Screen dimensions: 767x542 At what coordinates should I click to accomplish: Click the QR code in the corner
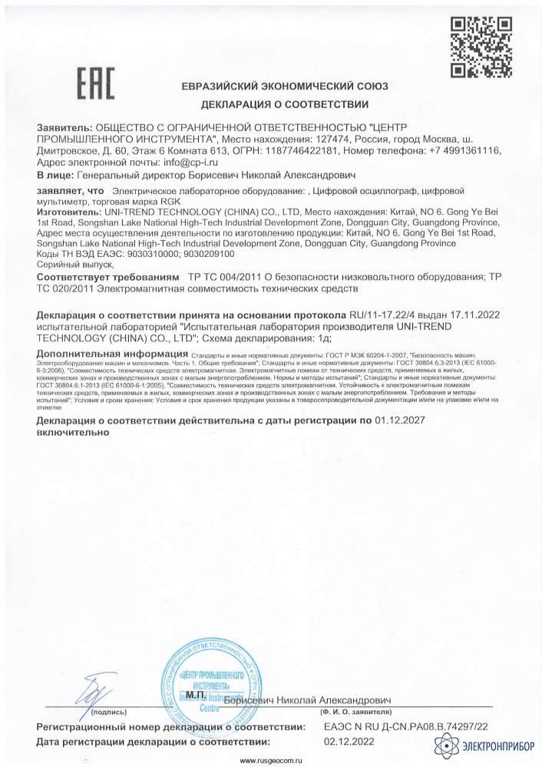tap(481, 48)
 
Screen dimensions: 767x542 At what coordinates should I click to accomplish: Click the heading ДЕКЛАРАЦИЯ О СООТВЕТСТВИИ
tap(285, 103)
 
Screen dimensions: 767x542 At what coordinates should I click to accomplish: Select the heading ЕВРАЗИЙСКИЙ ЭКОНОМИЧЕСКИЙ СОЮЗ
tap(285, 86)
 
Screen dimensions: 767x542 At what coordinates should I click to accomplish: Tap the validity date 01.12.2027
tap(400, 421)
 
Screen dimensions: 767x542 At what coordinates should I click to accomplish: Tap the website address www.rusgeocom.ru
tap(273, 761)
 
